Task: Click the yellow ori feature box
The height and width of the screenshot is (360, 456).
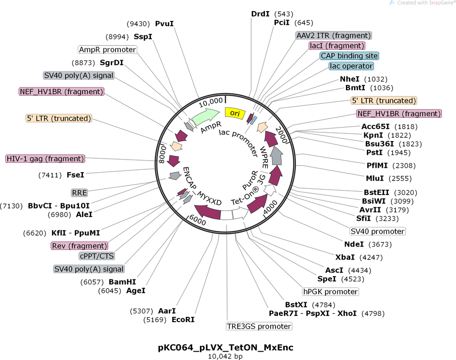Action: click(x=235, y=113)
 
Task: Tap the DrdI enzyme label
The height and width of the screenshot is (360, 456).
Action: click(x=261, y=14)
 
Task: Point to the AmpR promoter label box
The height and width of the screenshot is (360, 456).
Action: click(x=108, y=49)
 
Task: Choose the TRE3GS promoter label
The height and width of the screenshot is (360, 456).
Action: click(x=259, y=326)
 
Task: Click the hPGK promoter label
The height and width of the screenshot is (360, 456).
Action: click(x=330, y=292)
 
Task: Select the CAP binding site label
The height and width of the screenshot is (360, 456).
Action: click(x=349, y=56)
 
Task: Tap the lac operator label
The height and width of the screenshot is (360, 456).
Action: click(x=351, y=66)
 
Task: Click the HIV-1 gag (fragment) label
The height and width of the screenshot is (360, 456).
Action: click(x=45, y=159)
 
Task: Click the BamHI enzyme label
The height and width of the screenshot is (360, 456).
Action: click(x=122, y=281)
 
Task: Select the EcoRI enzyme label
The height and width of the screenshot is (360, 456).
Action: click(x=183, y=320)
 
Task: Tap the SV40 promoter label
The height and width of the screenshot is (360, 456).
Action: click(x=377, y=231)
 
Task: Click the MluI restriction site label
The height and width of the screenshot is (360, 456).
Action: click(x=375, y=178)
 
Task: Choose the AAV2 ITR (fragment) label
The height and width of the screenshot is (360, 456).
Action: click(x=334, y=35)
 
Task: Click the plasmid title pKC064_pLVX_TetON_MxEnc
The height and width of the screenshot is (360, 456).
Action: click(x=226, y=347)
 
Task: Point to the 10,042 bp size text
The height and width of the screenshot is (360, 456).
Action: click(x=226, y=357)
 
